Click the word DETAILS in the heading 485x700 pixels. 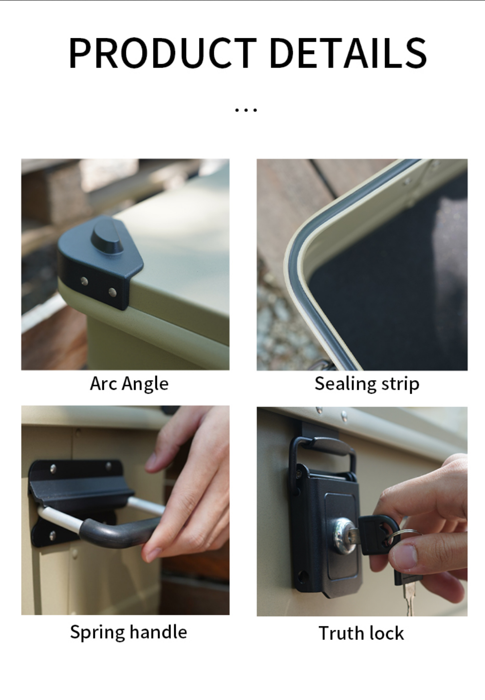click(348, 52)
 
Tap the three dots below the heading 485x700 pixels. click(246, 110)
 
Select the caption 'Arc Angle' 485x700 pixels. click(129, 384)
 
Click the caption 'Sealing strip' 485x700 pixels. click(367, 384)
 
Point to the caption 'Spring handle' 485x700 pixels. click(129, 632)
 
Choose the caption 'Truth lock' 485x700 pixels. click(361, 633)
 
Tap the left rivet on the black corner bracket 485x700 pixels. click(84, 281)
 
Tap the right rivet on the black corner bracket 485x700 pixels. click(112, 293)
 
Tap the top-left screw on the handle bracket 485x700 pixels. click(53, 468)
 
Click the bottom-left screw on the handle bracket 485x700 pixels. click(53, 535)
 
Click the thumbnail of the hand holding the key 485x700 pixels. click(362, 511)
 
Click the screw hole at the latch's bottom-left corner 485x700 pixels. click(303, 574)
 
